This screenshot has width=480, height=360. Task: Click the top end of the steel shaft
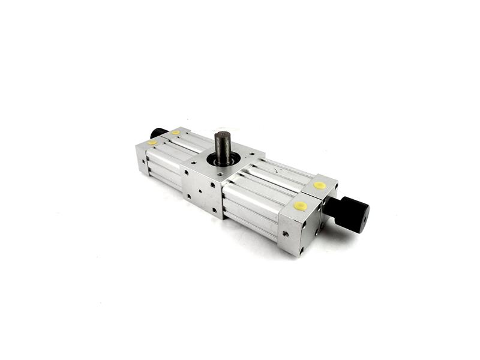[x=222, y=136]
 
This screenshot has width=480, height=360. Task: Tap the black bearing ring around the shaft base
[x=223, y=161]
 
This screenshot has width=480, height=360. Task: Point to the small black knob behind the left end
[x=158, y=133]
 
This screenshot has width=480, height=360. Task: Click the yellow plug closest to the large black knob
[x=320, y=185]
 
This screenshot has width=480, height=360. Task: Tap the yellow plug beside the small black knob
[x=175, y=133]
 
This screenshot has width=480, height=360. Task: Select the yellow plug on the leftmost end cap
[x=152, y=143]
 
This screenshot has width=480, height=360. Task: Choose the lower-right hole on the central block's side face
[x=214, y=210]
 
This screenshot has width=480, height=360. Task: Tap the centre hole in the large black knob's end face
[x=362, y=220]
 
